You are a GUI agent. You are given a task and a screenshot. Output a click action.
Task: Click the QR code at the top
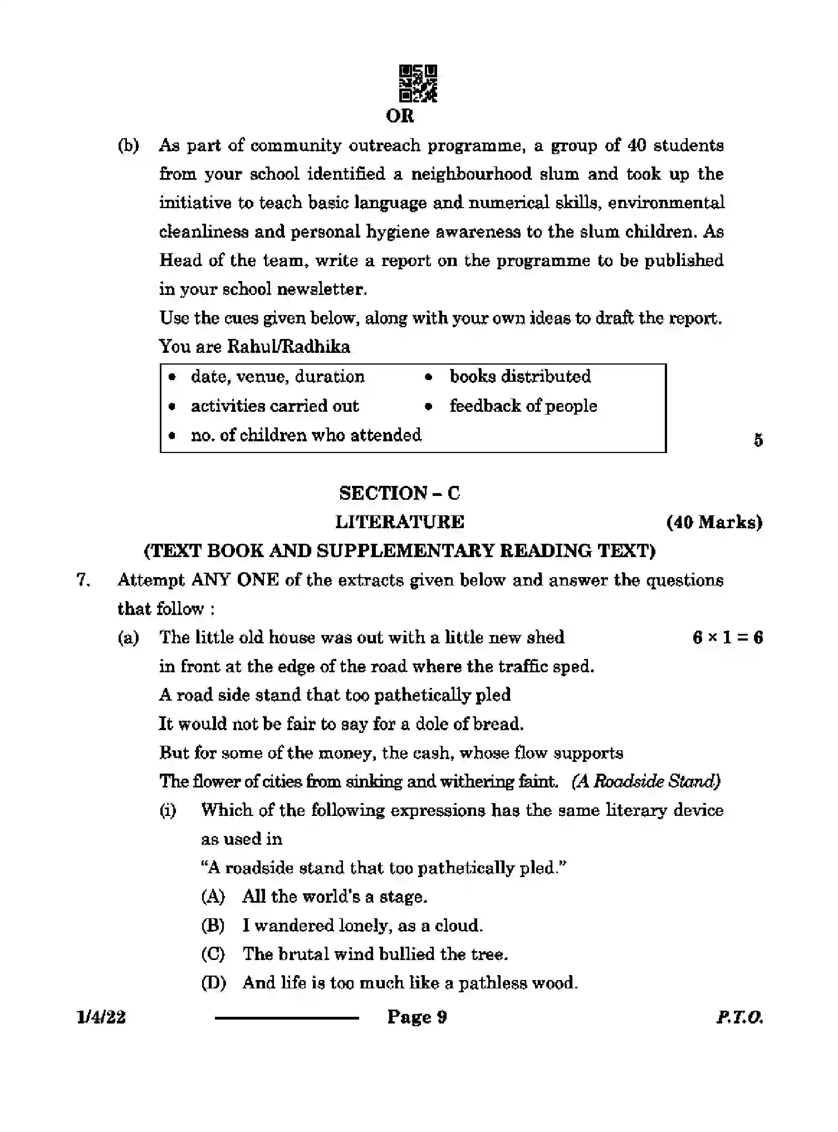tap(418, 83)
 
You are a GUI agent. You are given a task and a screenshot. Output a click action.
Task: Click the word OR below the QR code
tap(400, 116)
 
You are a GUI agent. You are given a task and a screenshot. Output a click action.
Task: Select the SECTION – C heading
tap(400, 493)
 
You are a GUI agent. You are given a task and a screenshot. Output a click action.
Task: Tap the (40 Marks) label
tap(714, 522)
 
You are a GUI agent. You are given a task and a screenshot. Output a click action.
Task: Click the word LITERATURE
tap(400, 522)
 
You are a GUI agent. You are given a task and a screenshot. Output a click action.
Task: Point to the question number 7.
tap(83, 580)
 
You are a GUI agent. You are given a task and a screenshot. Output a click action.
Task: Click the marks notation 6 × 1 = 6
tap(727, 637)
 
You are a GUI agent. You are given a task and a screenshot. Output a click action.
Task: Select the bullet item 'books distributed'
tap(520, 377)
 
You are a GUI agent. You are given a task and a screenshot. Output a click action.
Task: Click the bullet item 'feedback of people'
tap(523, 406)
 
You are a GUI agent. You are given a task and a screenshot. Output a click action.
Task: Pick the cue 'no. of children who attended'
tap(306, 435)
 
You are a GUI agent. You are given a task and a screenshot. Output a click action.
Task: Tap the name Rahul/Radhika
tap(288, 347)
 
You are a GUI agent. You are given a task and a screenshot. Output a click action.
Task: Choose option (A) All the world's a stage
tap(334, 897)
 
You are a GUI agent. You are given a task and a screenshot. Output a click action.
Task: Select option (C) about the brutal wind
tap(375, 954)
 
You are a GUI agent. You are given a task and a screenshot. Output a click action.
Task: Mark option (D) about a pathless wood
tap(410, 983)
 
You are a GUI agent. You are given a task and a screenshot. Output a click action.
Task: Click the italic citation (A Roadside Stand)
tap(646, 781)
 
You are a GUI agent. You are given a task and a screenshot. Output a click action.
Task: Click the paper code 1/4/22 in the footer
tap(101, 1017)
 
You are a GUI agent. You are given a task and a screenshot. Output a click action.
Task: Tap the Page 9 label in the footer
tap(417, 1017)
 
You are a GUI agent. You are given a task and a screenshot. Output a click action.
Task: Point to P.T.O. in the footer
tap(739, 1017)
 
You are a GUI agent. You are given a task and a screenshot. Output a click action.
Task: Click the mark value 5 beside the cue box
tap(758, 440)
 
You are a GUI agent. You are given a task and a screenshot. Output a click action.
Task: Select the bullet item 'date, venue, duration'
tap(277, 377)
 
